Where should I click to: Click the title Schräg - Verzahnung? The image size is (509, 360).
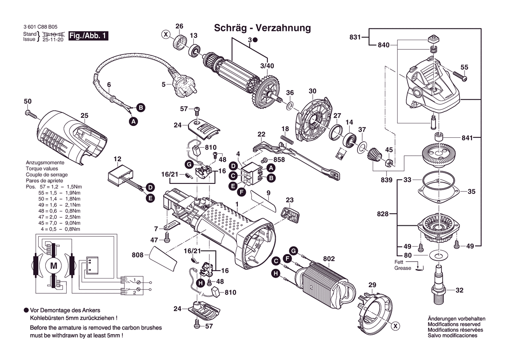(x=263, y=28)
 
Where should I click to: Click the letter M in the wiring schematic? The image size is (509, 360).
(x=54, y=266)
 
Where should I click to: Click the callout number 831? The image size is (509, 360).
(x=355, y=37)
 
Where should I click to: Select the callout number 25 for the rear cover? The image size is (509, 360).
(x=84, y=115)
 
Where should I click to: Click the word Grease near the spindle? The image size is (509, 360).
(x=403, y=268)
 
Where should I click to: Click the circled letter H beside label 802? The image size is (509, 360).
(x=275, y=273)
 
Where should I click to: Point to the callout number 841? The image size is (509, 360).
(x=467, y=138)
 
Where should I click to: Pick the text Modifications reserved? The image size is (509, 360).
(x=454, y=324)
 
